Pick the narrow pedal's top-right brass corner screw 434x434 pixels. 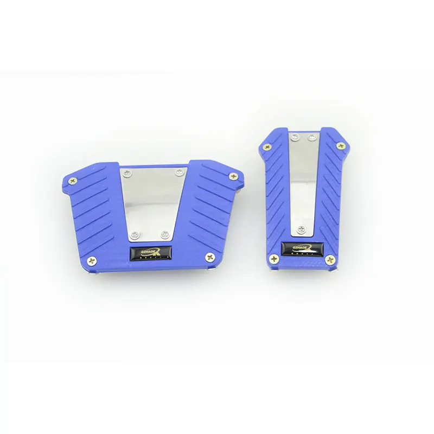click(x=341, y=145)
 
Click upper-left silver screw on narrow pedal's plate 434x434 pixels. click(x=293, y=136)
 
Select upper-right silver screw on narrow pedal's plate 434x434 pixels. click(x=312, y=137)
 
